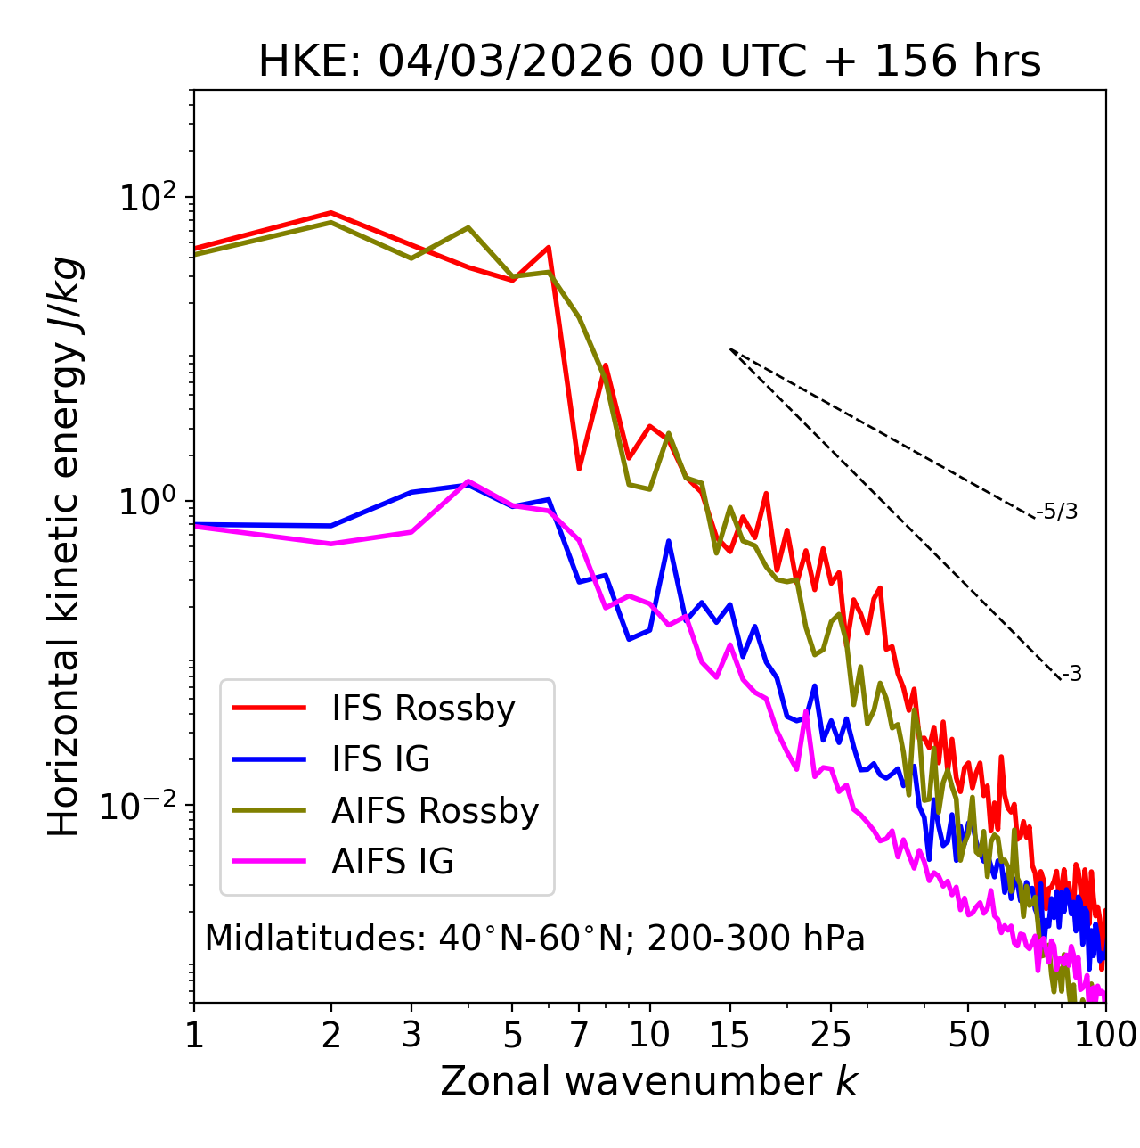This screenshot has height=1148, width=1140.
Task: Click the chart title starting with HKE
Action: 649,62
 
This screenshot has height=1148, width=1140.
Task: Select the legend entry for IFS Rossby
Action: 423,709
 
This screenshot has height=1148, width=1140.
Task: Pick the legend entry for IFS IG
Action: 380,759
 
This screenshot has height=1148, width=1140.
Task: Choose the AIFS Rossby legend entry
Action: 435,811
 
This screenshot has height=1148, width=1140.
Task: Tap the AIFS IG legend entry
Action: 393,862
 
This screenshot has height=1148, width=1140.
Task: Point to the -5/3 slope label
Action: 1057,512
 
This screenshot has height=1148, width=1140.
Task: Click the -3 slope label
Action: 1071,674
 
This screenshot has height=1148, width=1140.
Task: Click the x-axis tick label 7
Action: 579,1035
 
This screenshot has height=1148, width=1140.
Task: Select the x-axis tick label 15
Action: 729,1035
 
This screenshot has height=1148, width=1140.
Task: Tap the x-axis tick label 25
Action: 831,1035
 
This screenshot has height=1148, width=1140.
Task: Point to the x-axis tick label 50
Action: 968,1035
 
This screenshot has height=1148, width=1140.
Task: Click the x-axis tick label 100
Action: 1105,1035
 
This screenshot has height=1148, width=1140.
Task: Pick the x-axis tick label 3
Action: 411,1035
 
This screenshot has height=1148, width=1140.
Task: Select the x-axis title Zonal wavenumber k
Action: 649,1081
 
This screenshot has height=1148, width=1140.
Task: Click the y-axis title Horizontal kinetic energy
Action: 64,546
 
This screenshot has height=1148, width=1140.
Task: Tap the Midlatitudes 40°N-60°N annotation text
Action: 534,939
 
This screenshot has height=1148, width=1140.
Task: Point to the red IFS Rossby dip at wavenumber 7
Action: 579,468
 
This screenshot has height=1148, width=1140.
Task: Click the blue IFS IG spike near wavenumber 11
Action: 668,541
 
